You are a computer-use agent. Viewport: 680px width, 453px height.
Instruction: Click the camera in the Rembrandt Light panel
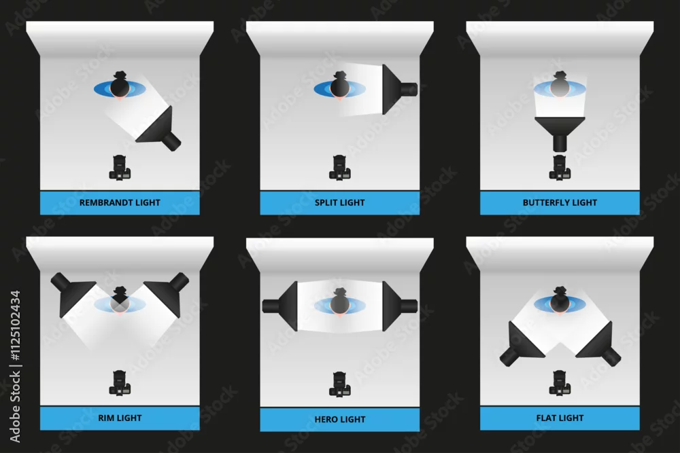point(120,167)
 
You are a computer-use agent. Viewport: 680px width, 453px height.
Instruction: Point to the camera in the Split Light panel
point(339,167)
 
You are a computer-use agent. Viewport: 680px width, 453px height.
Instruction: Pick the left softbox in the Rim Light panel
point(73,294)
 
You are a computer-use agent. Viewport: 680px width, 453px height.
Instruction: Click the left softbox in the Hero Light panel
point(280,306)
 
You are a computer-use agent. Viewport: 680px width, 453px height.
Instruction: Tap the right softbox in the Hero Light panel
point(399,306)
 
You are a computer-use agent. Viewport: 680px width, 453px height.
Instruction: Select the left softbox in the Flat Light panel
point(522,344)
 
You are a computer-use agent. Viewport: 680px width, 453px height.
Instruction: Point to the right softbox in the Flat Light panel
point(598,344)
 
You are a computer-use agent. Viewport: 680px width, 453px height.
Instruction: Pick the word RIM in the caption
point(106,418)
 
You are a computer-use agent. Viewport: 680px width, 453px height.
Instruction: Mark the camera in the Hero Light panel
point(339,384)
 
